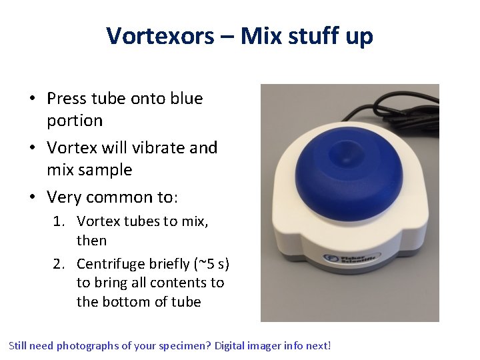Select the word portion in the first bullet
click(75, 121)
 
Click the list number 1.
click(59, 221)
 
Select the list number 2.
click(59, 263)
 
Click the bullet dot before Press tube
click(32, 99)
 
